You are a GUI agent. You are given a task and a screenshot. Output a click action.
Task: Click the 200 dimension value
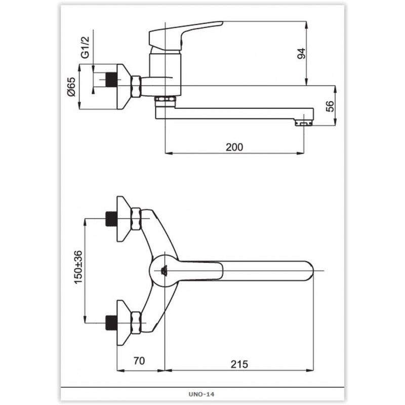234,147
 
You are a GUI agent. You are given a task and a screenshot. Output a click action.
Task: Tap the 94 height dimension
301,54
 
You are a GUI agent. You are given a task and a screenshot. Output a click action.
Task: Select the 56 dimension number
330,106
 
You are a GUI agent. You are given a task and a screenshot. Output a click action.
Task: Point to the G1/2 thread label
85,47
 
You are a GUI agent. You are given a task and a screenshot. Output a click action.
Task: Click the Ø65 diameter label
71,87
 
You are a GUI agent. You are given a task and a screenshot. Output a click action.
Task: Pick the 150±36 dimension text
78,267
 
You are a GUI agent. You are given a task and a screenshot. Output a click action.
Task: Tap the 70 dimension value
139,361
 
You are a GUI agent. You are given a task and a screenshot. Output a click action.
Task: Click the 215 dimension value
239,364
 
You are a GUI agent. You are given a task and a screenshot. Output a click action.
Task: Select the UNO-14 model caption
201,394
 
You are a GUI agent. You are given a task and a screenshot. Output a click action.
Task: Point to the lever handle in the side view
186,36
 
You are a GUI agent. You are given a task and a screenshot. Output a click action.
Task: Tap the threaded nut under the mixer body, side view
166,99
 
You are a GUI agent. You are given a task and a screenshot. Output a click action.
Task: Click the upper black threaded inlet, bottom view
111,219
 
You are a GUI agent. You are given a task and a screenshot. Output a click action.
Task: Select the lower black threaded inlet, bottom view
111,323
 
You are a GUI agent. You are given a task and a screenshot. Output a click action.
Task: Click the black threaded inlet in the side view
111,79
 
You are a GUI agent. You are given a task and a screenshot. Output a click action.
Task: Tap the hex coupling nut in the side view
136,87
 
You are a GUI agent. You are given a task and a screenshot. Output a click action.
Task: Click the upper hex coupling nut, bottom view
136,219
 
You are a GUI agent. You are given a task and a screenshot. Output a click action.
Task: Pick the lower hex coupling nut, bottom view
136,323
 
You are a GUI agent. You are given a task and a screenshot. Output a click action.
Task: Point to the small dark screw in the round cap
164,271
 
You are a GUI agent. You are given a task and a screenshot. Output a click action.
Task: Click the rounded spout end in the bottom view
308,271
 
